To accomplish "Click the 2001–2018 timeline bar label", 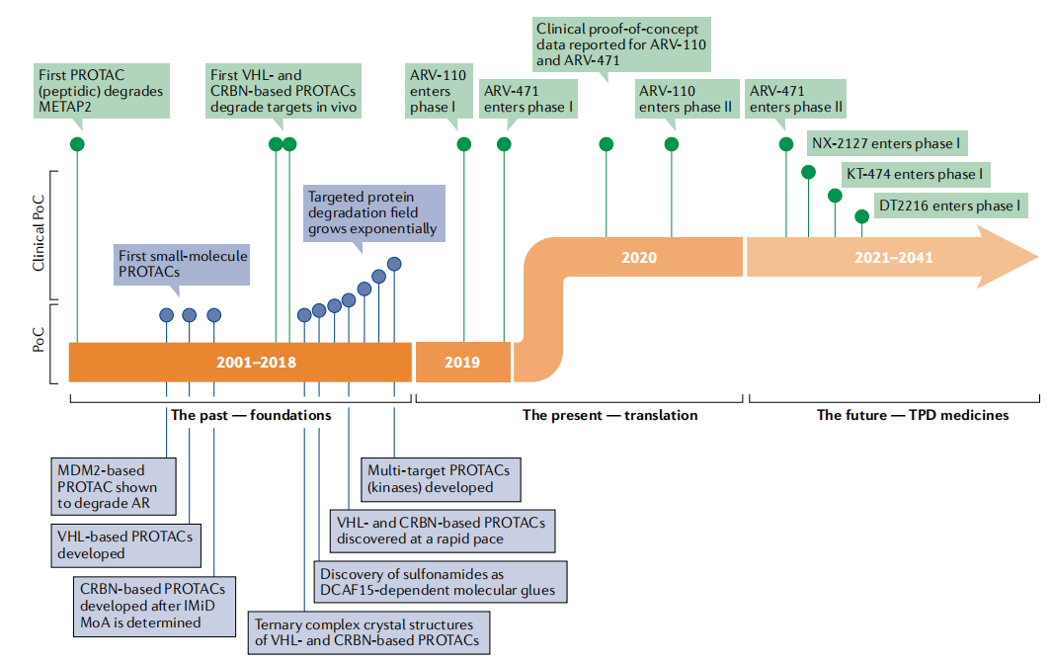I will pyautogui.click(x=256, y=363).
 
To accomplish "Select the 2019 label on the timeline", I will pyautogui.click(x=461, y=363).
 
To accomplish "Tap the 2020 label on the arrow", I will pyautogui.click(x=639, y=258).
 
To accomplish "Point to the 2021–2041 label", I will pyautogui.click(x=894, y=258).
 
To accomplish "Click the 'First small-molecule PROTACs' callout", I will pyautogui.click(x=182, y=263).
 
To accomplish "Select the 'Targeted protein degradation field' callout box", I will pyautogui.click(x=372, y=212).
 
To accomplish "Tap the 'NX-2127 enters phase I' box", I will pyautogui.click(x=885, y=144).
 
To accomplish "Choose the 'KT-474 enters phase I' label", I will pyautogui.click(x=915, y=175).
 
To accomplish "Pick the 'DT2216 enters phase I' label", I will pyautogui.click(x=948, y=206).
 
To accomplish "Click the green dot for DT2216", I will pyautogui.click(x=861, y=214).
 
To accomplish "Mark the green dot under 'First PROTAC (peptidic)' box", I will pyautogui.click(x=77, y=144).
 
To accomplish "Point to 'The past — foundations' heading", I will pyautogui.click(x=251, y=415).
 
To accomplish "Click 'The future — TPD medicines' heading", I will pyautogui.click(x=912, y=415).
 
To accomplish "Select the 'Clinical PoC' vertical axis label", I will pyautogui.click(x=40, y=234).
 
